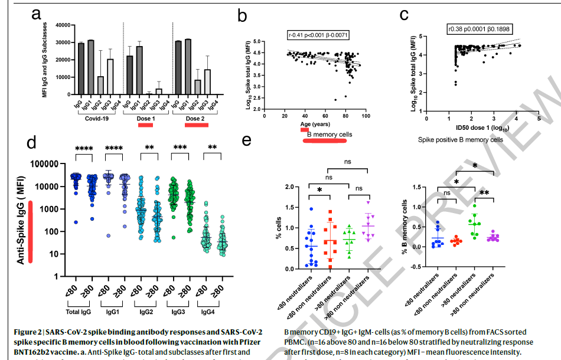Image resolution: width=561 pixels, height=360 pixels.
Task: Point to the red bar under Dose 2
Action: tap(198, 125)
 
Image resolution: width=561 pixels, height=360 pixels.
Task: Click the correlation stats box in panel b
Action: tap(318, 35)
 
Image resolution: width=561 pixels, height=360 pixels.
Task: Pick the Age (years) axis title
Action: tap(315, 125)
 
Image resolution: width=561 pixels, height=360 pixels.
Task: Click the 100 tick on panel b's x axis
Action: tap(365, 116)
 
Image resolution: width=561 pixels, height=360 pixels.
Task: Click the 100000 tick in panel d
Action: tap(57, 164)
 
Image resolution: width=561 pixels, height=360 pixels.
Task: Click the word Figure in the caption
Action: tap(27, 332)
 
